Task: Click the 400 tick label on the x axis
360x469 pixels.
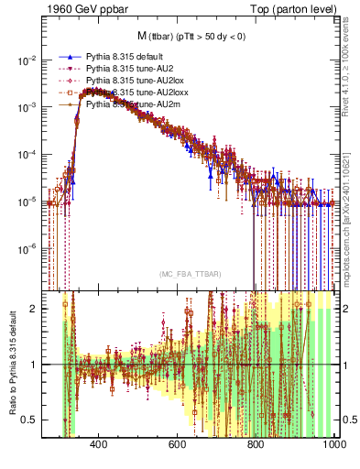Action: pyautogui.click(x=100, y=444)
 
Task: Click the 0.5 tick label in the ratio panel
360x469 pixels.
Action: pyautogui.click(x=30, y=420)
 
